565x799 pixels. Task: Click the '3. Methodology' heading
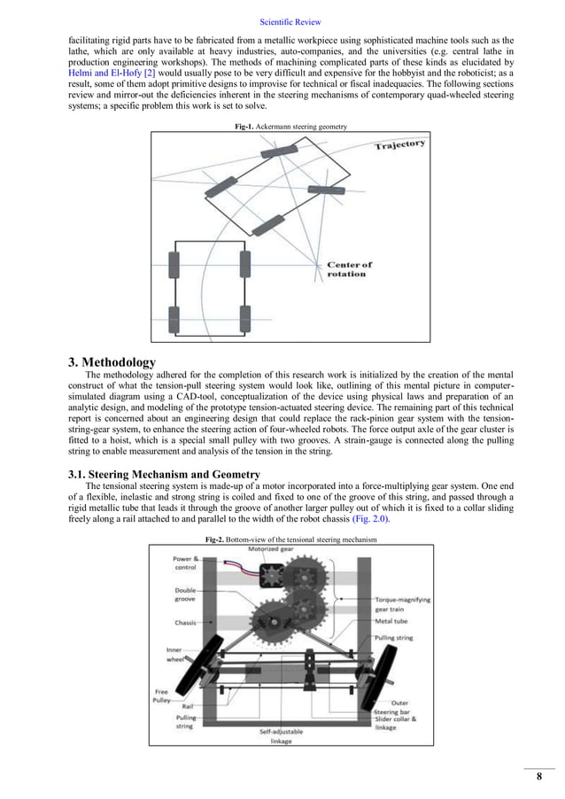pos(112,361)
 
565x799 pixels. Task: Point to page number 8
pos(538,777)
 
